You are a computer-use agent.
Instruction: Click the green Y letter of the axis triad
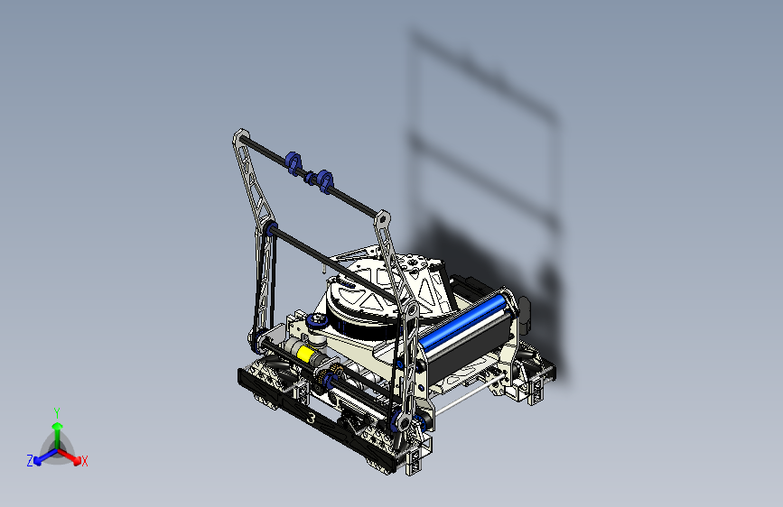point(56,411)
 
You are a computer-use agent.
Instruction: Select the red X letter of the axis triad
point(85,462)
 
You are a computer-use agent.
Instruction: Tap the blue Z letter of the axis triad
point(30,460)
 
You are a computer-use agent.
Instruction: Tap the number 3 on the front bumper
point(312,419)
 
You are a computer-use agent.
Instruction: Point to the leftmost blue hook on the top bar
point(292,161)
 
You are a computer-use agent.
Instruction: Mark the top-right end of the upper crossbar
point(382,217)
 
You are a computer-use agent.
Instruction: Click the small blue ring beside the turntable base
point(317,322)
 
